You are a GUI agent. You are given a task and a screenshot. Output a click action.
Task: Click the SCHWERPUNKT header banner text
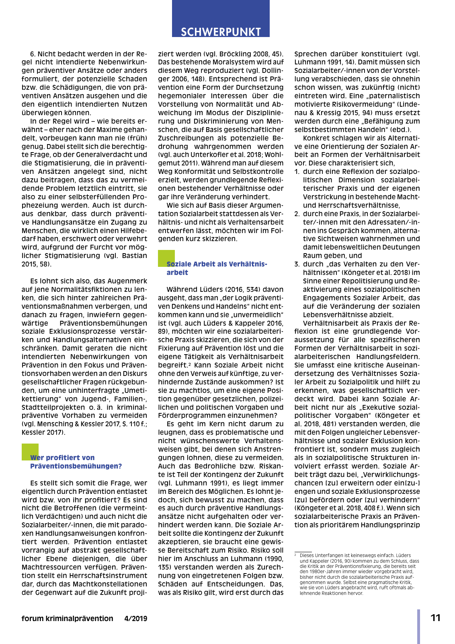pyautogui.click(x=221, y=32)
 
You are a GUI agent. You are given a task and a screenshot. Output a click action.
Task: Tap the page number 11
pyautogui.click(x=436, y=618)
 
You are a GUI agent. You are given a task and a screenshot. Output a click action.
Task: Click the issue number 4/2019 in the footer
pyautogui.click(x=135, y=619)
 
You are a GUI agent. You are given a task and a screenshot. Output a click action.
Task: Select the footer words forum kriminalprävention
pyautogui.click(x=67, y=619)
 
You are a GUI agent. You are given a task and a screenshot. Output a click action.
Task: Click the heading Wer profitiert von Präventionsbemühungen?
pyautogui.click(x=76, y=462)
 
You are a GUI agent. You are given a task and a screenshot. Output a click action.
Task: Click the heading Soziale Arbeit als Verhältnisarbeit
pyautogui.click(x=217, y=268)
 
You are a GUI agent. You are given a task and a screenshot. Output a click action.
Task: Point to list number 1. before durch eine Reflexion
pyautogui.click(x=297, y=172)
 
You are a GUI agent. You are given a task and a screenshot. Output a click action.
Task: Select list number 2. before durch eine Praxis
pyautogui.click(x=297, y=214)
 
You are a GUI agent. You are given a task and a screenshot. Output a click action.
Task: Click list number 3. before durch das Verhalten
pyautogui.click(x=297, y=264)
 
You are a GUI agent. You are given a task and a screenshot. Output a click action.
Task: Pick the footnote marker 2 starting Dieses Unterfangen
pyautogui.click(x=295, y=555)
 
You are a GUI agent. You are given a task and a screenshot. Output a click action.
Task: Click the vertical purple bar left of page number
pyautogui.click(x=418, y=626)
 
